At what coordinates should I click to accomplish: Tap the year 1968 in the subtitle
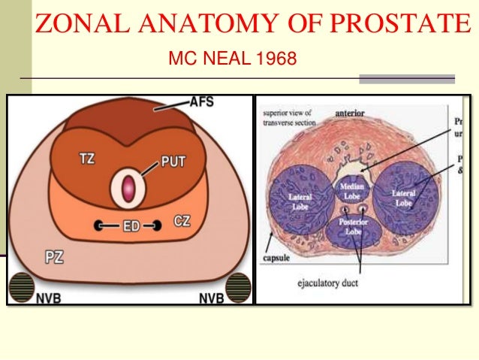[276, 57]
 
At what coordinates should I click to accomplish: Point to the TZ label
[88, 158]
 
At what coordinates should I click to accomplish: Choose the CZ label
[182, 221]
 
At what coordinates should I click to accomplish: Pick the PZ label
[53, 257]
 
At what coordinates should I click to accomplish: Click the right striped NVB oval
[238, 288]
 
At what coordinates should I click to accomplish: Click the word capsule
[277, 255]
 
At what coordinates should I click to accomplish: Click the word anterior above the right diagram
[350, 113]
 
